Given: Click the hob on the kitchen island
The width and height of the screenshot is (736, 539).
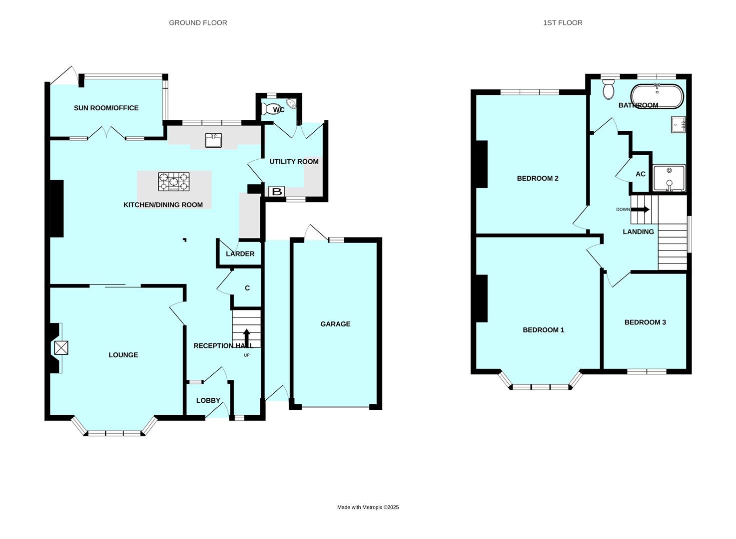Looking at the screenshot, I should [x=174, y=182].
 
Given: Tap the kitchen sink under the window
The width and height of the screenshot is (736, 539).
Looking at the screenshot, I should [x=213, y=141].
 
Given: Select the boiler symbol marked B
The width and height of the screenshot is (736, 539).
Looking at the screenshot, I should [x=276, y=192].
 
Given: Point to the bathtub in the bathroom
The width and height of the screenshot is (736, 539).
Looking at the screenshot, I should [x=657, y=96].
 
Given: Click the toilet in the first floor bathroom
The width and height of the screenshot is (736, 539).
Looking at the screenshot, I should [x=608, y=90].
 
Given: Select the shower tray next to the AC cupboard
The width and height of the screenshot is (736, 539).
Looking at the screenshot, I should [x=669, y=178].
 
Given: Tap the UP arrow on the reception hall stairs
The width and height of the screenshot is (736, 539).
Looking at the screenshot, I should [x=246, y=338].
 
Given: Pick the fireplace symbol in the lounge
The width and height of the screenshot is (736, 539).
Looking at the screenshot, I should [x=61, y=348].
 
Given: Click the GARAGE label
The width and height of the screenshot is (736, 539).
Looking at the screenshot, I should [x=335, y=324].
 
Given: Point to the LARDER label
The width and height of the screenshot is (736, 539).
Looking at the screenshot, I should [x=240, y=254].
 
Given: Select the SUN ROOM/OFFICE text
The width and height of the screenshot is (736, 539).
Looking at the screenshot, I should [x=106, y=108].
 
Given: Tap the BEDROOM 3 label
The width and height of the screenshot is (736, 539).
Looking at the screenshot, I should [x=645, y=322].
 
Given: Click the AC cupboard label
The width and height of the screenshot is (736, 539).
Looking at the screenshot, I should [x=640, y=174].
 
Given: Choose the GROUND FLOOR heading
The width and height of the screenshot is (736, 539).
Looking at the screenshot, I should [x=198, y=22].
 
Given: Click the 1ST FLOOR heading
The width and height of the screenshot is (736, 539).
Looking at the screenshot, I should [x=563, y=22].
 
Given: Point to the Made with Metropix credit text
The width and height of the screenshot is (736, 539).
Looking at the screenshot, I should [x=368, y=507].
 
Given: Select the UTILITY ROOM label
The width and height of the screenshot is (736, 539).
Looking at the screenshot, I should [x=294, y=162].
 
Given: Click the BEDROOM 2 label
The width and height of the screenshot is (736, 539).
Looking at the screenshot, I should [x=537, y=178].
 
